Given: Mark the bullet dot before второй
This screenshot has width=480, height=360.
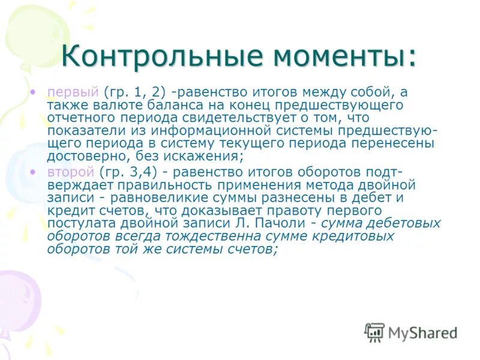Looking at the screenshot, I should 34,172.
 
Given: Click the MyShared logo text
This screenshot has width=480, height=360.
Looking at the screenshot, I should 422,332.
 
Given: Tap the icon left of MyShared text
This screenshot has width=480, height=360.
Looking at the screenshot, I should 374,332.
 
